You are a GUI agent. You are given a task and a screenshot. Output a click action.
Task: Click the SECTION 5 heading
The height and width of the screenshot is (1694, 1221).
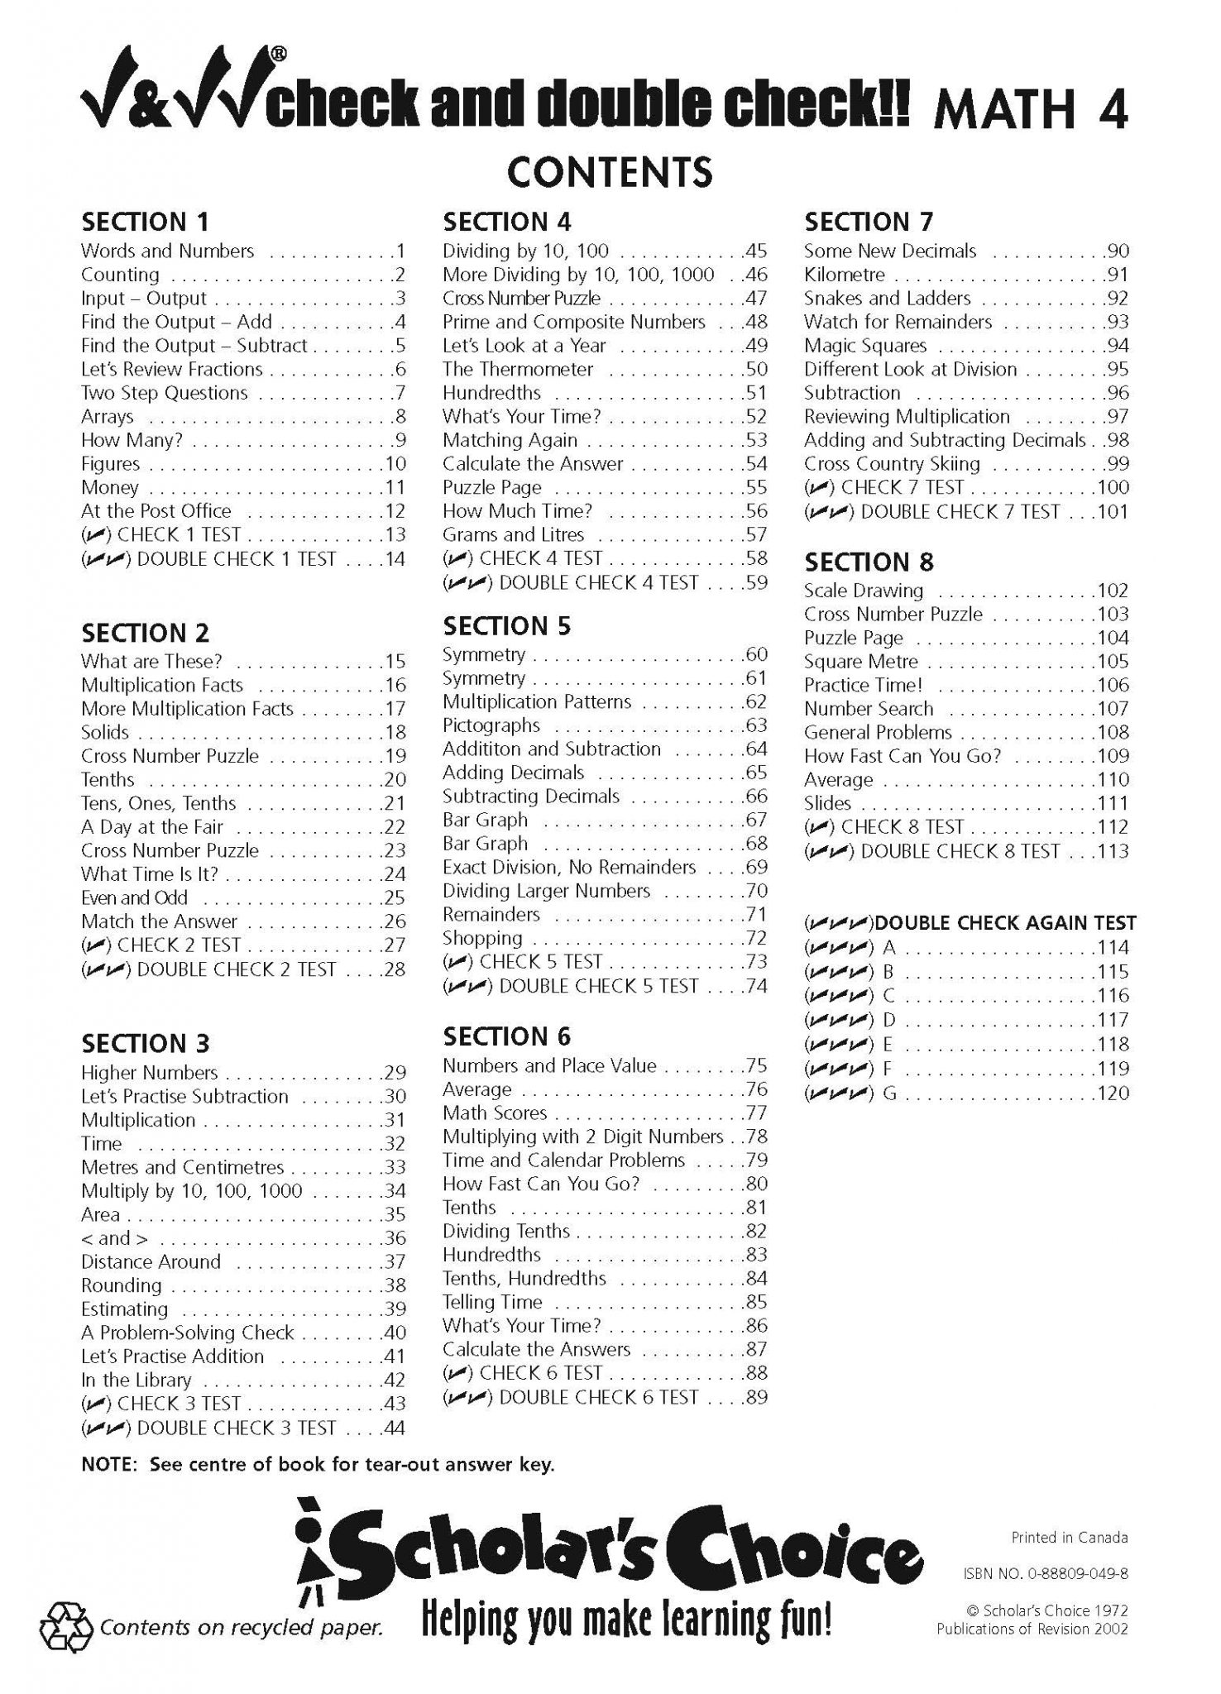pos(506,626)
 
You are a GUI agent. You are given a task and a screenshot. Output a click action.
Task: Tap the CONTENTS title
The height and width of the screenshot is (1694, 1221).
pos(610,172)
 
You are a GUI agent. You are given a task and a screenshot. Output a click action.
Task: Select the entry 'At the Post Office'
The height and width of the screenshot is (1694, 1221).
pos(156,511)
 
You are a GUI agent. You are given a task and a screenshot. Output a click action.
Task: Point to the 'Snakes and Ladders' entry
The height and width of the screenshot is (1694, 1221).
pos(888,299)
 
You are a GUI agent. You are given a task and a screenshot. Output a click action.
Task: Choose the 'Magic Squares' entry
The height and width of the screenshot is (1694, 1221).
pos(865,346)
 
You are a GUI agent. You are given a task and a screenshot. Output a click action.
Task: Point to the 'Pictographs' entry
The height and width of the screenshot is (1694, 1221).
pos(491,725)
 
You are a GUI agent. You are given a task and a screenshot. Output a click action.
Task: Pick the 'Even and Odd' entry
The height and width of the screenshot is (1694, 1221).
pos(135,897)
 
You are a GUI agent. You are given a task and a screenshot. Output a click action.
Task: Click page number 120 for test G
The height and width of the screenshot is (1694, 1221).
pos(1113,1093)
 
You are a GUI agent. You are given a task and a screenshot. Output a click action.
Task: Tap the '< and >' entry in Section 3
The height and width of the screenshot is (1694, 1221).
pos(115,1238)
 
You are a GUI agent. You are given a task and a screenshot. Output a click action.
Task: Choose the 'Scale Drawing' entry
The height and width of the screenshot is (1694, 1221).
pos(864,591)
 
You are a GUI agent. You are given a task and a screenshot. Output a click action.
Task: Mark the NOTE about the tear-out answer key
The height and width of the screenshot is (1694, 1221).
pos(318,1465)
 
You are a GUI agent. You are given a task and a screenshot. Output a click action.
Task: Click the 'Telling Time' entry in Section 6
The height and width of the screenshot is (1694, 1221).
pos(492,1302)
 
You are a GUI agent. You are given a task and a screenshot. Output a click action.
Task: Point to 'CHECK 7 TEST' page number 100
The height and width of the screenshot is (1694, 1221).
pos(1113,488)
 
